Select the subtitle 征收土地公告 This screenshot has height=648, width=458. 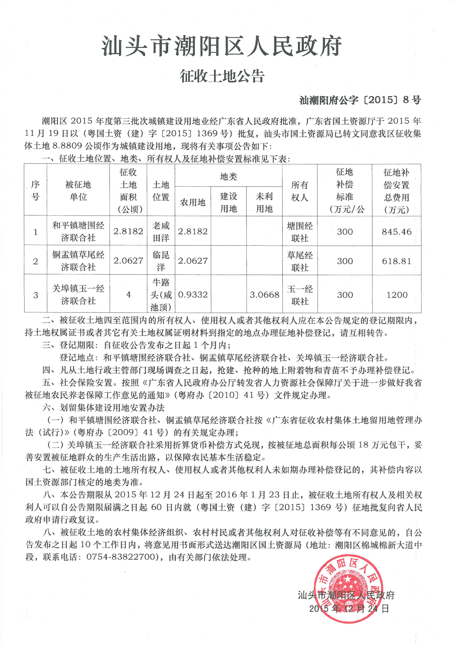click(222, 76)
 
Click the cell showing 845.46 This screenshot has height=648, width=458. click(396, 232)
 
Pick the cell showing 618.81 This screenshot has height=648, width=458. click(396, 261)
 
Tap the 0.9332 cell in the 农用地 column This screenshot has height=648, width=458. click(193, 295)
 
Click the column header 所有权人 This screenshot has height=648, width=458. click(300, 191)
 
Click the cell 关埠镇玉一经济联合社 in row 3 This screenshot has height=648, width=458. click(78, 295)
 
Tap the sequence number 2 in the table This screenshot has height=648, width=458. click(36, 261)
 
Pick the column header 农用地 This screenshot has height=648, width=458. click(193, 202)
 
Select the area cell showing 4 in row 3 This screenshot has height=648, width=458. click(128, 295)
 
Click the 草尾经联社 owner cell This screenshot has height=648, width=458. click(300, 261)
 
